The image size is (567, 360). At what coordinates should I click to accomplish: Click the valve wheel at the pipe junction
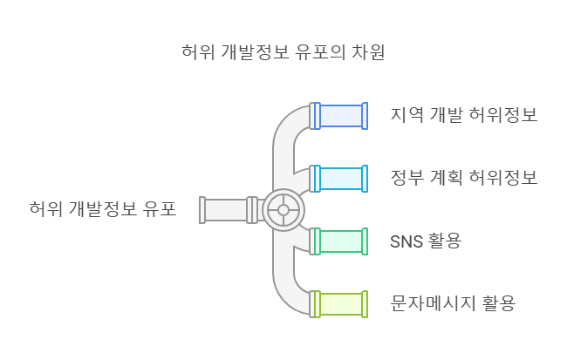coord(282,209)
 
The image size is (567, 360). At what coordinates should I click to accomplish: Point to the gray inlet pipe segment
coord(225,209)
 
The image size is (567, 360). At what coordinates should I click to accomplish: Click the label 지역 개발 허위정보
coord(463,115)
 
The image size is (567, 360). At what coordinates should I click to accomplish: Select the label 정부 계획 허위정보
coord(463,178)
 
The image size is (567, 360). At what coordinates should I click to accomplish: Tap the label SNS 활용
coord(426,241)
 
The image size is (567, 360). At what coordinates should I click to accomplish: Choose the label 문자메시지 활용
coord(454,303)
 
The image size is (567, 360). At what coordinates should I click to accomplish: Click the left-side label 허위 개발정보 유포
coord(102,209)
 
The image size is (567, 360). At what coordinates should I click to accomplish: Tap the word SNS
coord(406,241)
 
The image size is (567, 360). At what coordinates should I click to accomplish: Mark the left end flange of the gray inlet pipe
coord(202,209)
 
